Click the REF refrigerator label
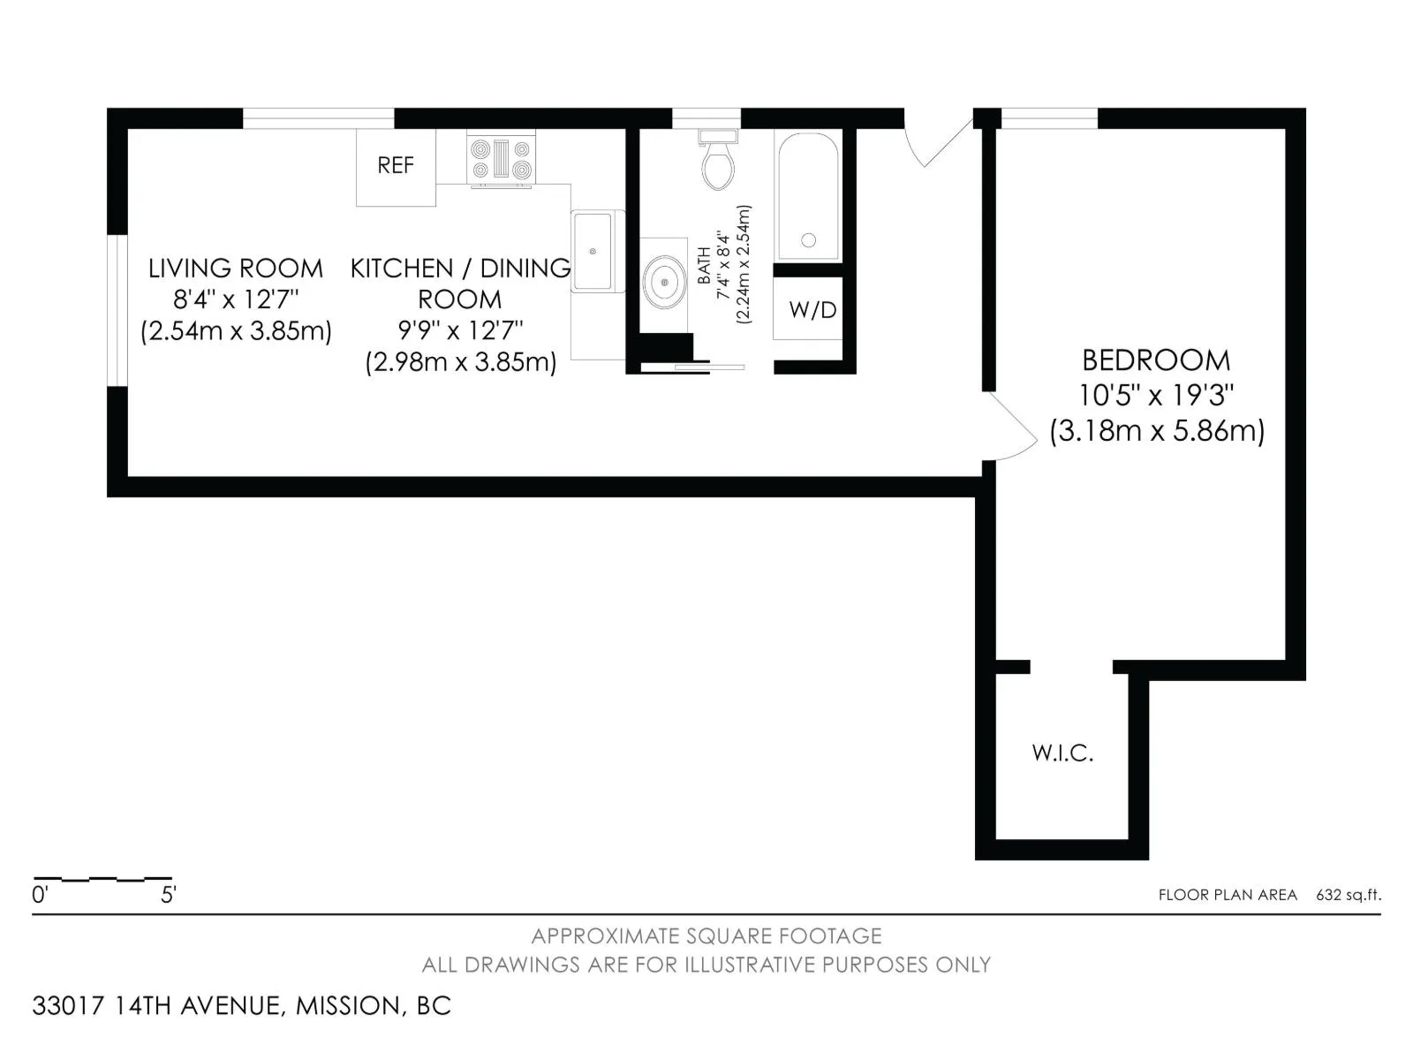coord(396,165)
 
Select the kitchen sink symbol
coord(593,251)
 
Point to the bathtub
coord(809,197)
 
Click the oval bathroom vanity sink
coord(664,282)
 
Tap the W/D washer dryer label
coord(812,310)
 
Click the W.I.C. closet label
coord(1062,753)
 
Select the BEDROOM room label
coord(1156,360)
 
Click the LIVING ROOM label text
coord(236,269)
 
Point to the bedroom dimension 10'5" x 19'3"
coord(1156,395)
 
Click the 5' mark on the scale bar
coord(169,895)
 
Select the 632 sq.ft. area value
coord(1349,895)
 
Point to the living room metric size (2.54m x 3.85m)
coord(237,330)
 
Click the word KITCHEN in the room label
coord(402,269)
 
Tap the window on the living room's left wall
coord(117,310)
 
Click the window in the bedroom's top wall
coord(1049,118)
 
